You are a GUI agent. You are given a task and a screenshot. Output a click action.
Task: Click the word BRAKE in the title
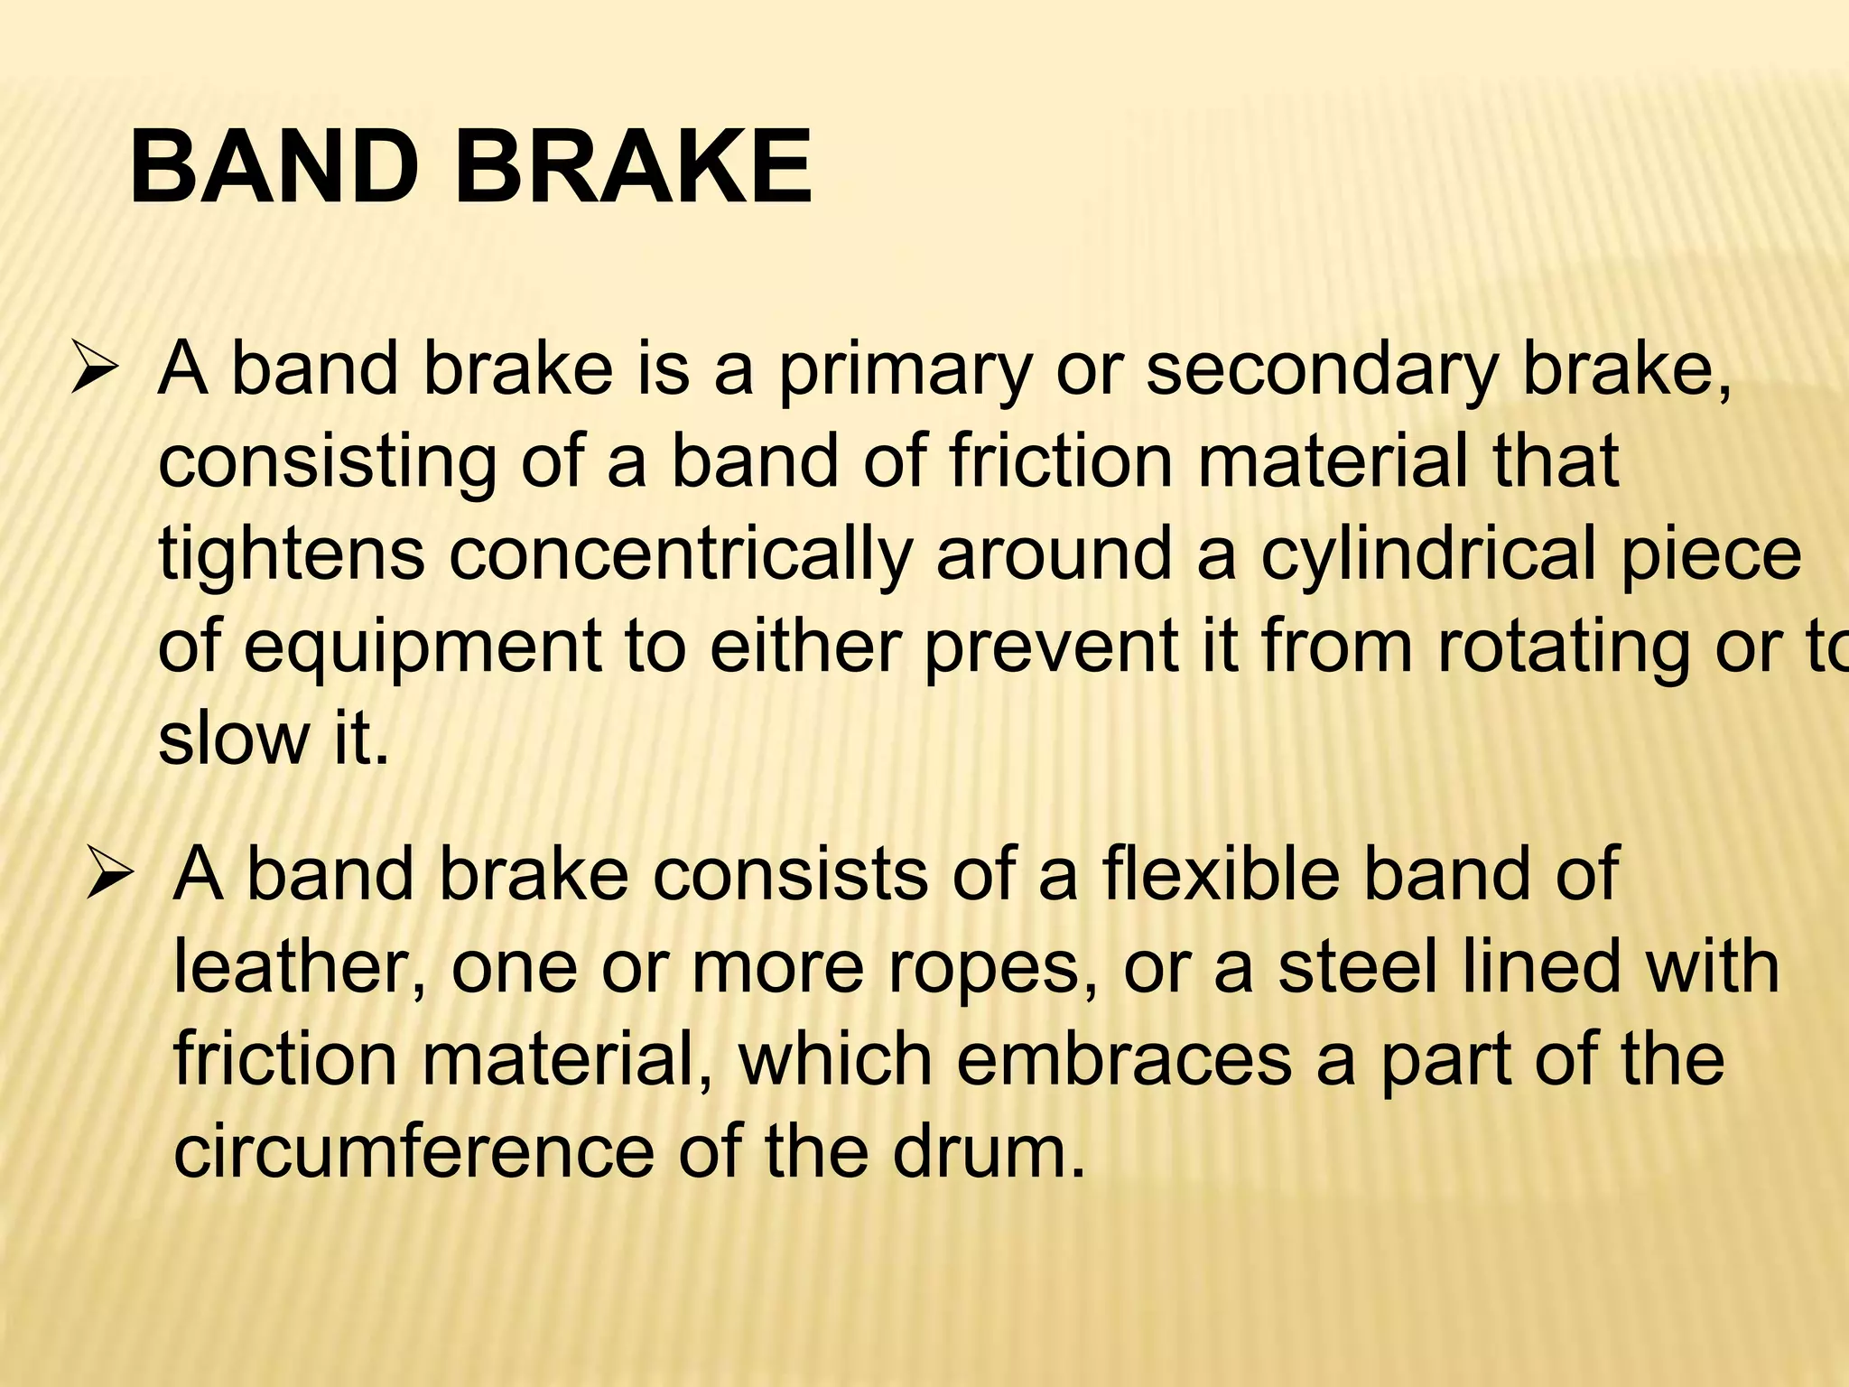point(633,169)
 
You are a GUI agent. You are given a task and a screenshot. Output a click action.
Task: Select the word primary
point(903,373)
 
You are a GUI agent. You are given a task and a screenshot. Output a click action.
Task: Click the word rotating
point(1561,651)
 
